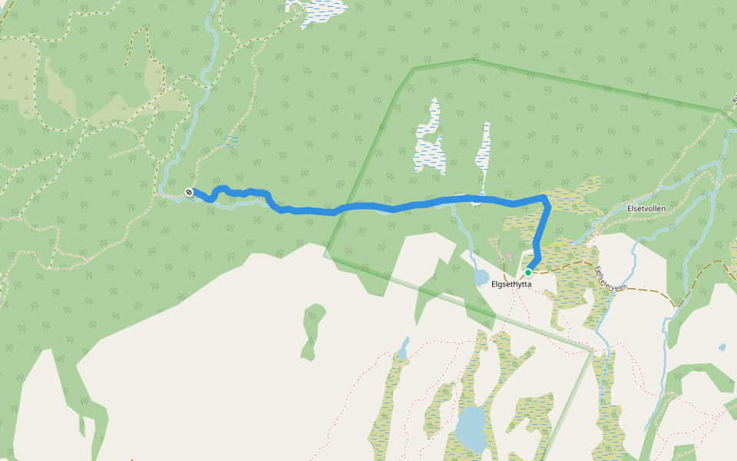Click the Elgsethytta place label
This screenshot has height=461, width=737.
511,284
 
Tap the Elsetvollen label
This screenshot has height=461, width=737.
646,208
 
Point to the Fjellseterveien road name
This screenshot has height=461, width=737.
611,278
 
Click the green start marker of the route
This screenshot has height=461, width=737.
528,272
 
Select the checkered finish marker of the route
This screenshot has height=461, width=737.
189,191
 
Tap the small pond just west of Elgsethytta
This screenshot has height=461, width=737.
481,277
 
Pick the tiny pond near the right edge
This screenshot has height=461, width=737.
722,347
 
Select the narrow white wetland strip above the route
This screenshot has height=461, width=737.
483,154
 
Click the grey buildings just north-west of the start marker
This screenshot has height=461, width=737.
508,256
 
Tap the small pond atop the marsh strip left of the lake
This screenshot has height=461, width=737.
402,353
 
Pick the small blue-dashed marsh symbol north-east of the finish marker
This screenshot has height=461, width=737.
229,141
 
